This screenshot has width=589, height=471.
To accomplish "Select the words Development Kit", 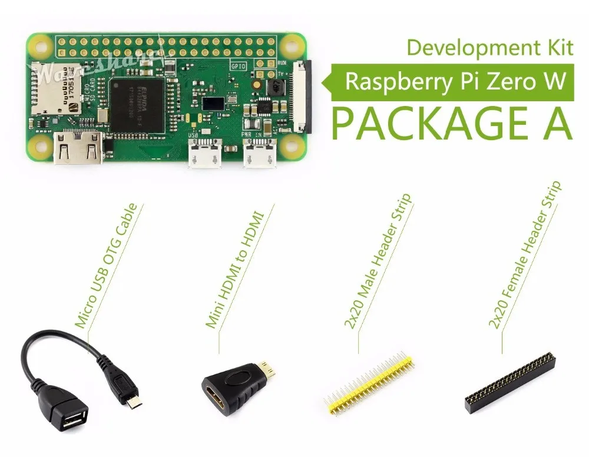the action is [489, 47].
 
